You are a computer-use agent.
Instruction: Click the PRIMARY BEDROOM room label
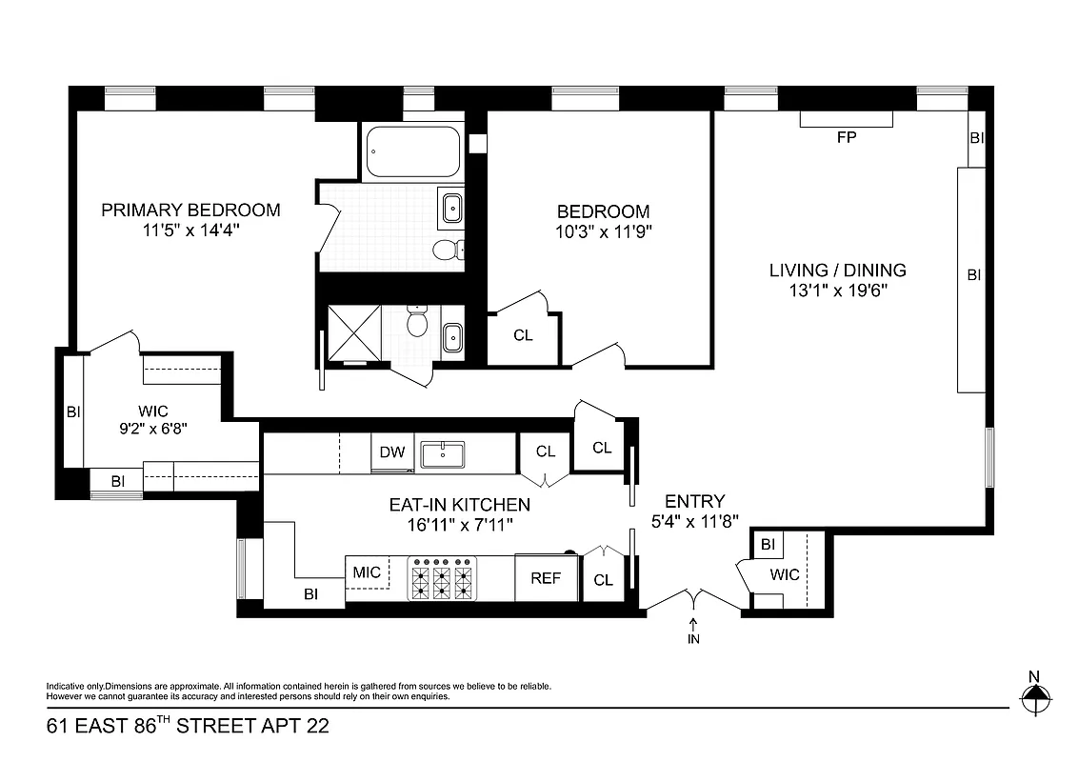190,211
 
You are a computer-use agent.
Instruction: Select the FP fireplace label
847,137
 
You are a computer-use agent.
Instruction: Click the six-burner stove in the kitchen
443,578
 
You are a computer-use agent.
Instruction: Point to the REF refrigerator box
546,578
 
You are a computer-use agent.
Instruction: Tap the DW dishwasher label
391,453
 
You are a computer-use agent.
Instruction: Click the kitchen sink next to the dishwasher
442,454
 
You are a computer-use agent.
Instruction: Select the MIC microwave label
367,572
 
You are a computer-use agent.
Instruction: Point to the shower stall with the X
353,332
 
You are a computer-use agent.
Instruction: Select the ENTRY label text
694,502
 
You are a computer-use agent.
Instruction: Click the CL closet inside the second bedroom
523,335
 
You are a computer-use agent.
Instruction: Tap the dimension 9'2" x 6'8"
152,429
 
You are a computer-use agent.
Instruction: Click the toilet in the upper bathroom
446,250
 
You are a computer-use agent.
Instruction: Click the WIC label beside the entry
785,575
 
